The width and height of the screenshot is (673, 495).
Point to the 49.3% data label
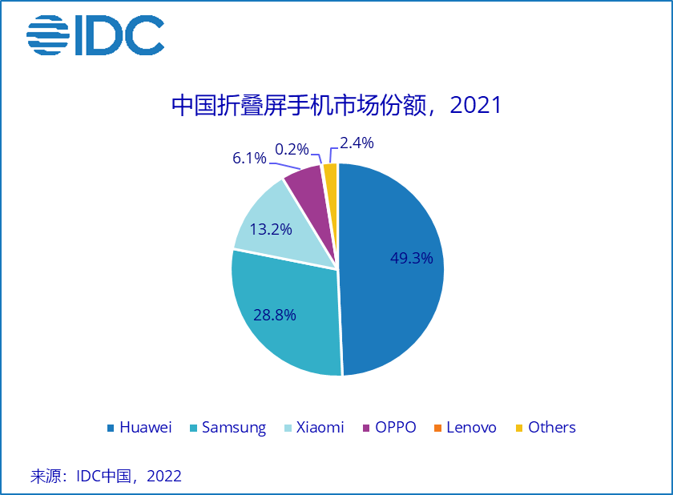(411, 258)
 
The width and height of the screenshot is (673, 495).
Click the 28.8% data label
(274, 315)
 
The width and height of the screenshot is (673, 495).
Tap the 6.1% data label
(249, 158)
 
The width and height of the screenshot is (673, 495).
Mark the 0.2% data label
(292, 149)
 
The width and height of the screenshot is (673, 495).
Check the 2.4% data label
(357, 143)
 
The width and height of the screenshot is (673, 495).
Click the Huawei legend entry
(139, 427)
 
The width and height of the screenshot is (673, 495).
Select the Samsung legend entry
(227, 427)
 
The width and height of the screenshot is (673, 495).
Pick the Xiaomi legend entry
(312, 427)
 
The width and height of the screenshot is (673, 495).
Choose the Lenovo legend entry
(464, 427)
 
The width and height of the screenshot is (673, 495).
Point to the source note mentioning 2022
(106, 476)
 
